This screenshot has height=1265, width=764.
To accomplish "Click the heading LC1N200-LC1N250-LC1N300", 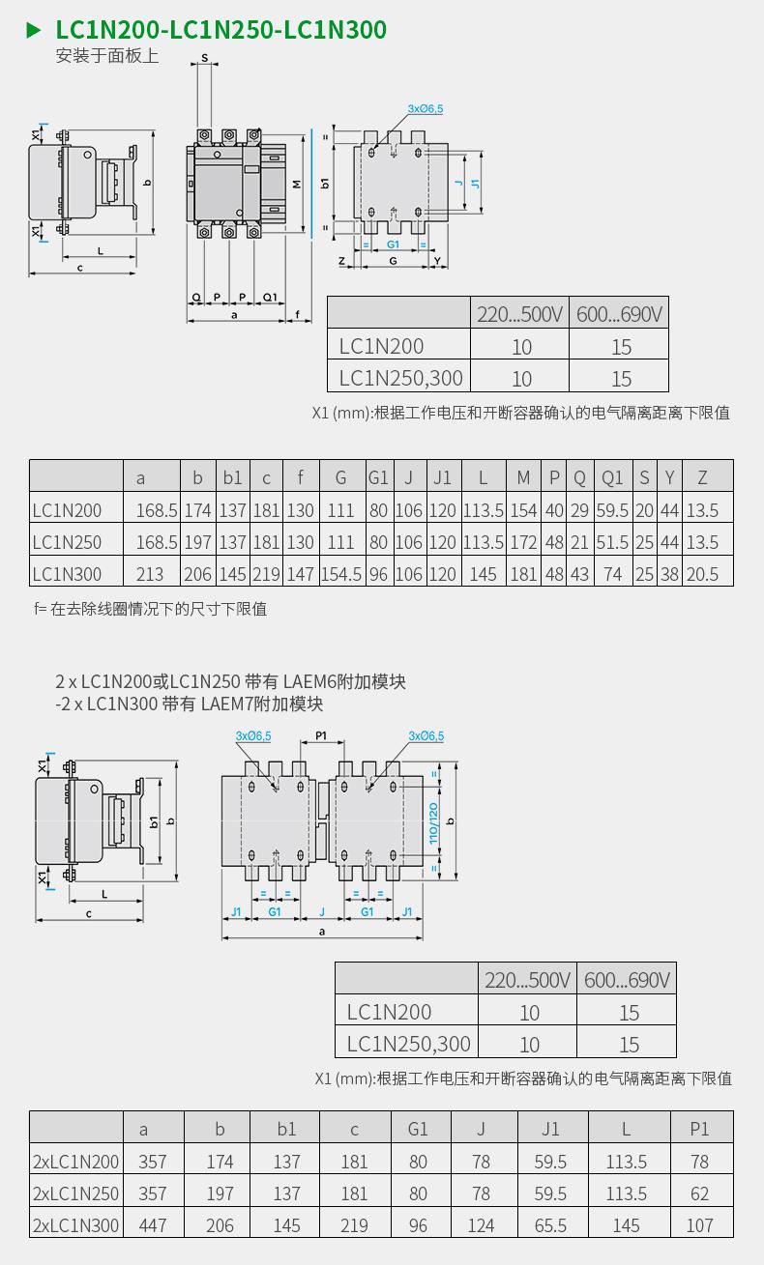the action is click(x=220, y=30).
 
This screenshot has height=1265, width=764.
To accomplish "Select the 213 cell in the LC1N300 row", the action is click(x=150, y=574).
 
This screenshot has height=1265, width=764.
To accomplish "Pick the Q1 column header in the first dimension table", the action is click(x=612, y=477).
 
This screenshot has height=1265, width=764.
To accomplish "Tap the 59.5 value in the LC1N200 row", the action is click(x=612, y=510).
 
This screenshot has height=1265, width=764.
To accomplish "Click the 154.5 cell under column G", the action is click(x=340, y=574).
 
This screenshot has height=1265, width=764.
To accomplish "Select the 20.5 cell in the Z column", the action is click(x=703, y=574).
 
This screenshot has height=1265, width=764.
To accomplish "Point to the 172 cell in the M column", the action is click(x=523, y=542).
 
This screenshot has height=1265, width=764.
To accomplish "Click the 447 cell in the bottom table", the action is click(x=153, y=1225).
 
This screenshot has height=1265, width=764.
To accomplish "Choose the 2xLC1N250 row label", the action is click(x=76, y=1193).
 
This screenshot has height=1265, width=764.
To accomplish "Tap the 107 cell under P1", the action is click(x=699, y=1225).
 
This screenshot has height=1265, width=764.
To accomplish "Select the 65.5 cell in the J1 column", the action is click(x=550, y=1225).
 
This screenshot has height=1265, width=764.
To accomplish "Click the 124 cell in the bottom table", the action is click(x=481, y=1225).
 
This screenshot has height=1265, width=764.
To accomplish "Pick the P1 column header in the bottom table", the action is click(x=699, y=1129).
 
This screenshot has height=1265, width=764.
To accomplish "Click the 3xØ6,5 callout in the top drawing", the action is click(x=425, y=109).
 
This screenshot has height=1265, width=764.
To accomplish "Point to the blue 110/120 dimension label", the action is click(x=434, y=822).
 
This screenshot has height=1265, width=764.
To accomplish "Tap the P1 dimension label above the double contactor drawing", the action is click(x=322, y=736).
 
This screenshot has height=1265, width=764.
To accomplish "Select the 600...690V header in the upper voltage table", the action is click(x=620, y=314).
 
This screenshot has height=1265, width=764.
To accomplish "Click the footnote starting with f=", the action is click(x=150, y=609).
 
